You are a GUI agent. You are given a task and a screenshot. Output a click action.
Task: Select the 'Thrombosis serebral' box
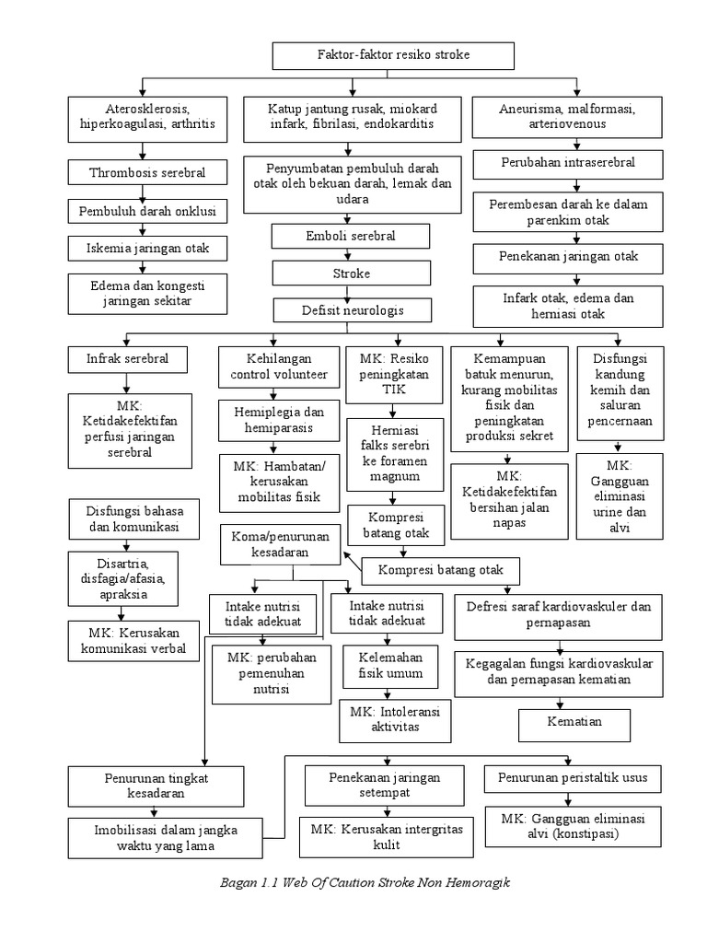point(146,172)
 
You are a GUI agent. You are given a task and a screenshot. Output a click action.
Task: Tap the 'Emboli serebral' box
point(351,237)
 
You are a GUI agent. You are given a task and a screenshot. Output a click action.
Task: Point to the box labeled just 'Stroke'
point(351,274)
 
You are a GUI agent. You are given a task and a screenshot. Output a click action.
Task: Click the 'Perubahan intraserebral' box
point(568,163)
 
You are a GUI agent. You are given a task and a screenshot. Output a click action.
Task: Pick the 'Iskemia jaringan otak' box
point(147,248)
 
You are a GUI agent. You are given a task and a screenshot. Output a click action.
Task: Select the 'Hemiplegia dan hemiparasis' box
point(273,420)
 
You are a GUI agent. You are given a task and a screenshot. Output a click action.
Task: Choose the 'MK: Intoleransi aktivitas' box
point(394,719)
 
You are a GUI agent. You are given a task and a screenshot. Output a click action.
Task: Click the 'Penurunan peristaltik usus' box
point(572,778)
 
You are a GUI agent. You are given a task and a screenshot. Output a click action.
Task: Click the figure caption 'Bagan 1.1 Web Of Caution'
point(365,882)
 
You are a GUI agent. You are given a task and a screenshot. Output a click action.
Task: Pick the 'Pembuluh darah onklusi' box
point(147,211)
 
